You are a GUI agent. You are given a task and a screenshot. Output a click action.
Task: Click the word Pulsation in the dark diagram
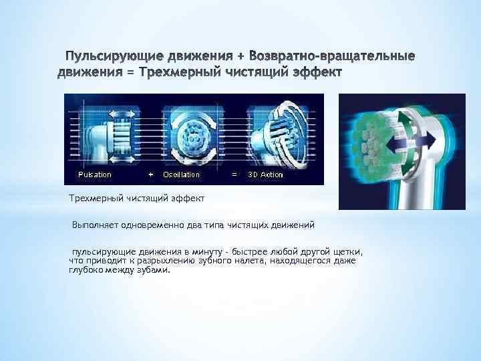point(95,174)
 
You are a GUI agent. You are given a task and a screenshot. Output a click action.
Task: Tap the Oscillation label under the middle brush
point(182,174)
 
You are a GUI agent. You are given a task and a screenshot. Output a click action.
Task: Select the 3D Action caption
point(265,174)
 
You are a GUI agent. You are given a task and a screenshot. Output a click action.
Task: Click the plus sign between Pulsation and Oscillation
point(150,174)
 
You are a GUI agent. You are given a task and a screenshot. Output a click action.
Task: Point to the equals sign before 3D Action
point(233,174)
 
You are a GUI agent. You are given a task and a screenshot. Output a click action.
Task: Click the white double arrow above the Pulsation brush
point(120,114)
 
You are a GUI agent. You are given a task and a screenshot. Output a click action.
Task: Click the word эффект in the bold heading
point(315,70)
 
